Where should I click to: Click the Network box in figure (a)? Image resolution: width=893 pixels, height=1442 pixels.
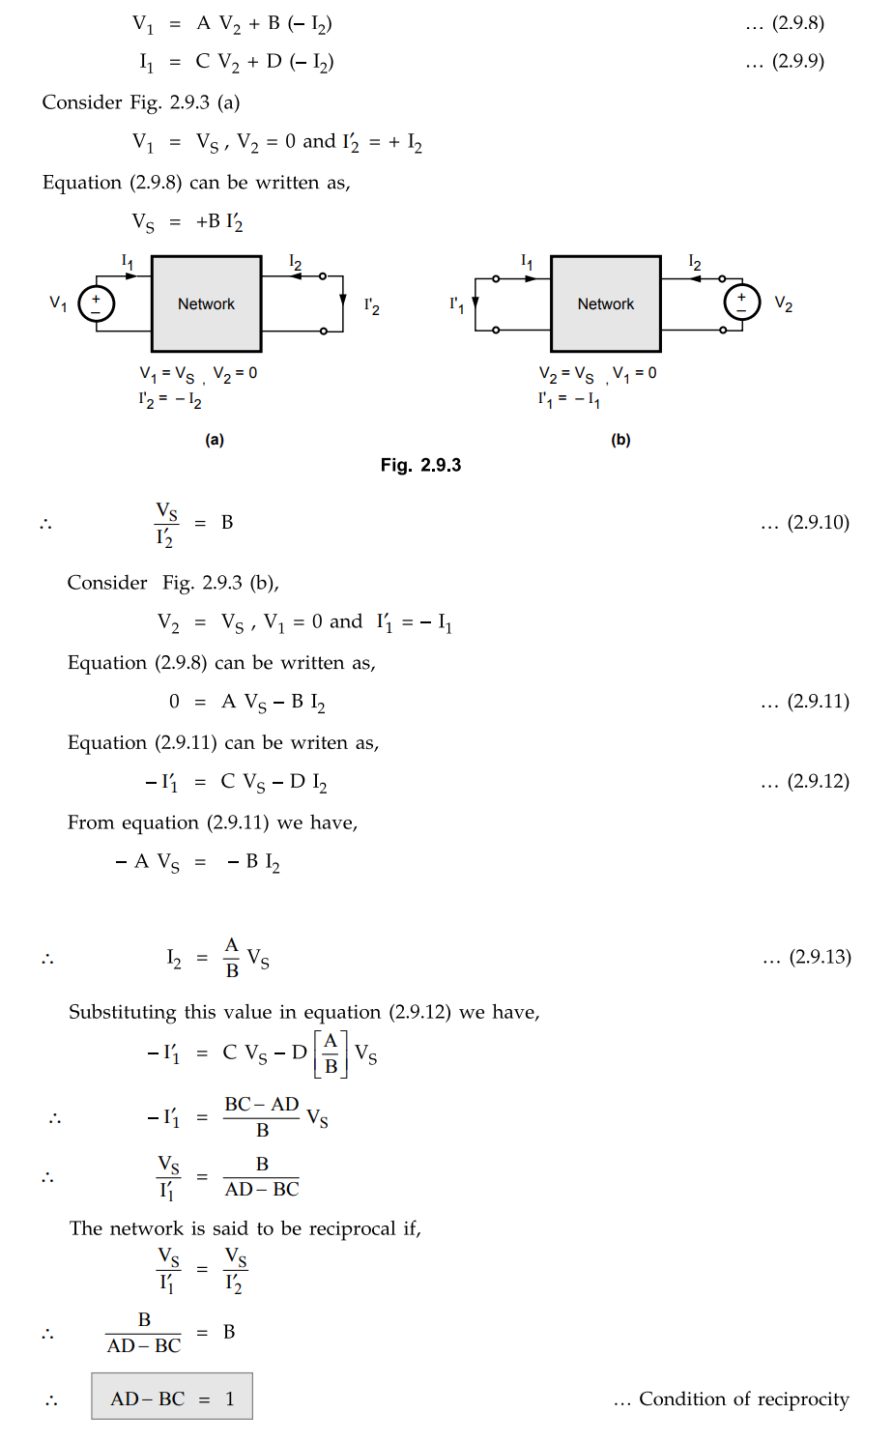(206, 303)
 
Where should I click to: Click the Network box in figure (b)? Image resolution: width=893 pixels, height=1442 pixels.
(606, 303)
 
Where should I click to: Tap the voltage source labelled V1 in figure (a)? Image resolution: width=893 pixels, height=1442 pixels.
(97, 303)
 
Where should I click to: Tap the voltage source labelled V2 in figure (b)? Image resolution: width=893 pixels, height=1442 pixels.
(741, 302)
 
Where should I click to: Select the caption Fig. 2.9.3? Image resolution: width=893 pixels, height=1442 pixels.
(420, 465)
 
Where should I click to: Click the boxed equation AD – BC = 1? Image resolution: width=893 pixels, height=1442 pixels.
(172, 1399)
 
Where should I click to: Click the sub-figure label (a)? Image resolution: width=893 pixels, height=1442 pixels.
(215, 440)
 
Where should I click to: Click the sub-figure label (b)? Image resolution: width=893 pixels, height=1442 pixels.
(620, 440)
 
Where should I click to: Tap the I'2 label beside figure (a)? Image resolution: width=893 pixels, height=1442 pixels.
(371, 305)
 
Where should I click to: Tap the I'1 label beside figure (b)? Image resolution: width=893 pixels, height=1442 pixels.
(456, 304)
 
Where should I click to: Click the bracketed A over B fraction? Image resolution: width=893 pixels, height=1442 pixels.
(331, 1053)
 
